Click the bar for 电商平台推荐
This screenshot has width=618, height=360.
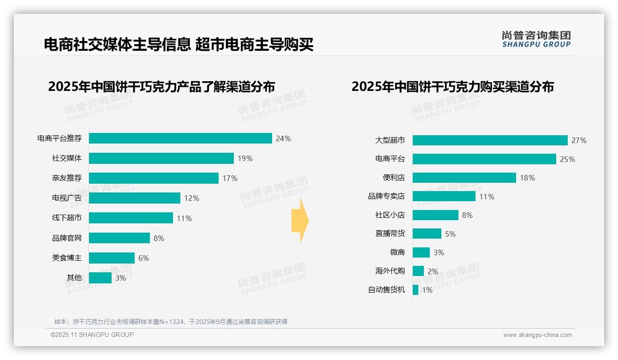pyautogui.click(x=180, y=138)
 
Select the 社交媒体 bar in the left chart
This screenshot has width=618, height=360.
pyautogui.click(x=161, y=158)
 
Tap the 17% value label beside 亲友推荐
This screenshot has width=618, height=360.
pyautogui.click(x=230, y=178)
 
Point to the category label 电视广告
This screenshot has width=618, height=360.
pyautogui.click(x=67, y=198)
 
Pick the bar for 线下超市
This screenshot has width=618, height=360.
pyautogui.click(x=131, y=218)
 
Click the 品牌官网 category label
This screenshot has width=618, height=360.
pyautogui.click(x=67, y=238)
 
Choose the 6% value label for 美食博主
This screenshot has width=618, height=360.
pyautogui.click(x=143, y=258)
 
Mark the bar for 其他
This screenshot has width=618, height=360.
pyautogui.click(x=100, y=278)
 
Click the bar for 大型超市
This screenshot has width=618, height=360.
pyautogui.click(x=490, y=140)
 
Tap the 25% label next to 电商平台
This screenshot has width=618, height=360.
pyautogui.click(x=567, y=159)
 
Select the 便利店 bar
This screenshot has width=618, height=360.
pyautogui.click(x=464, y=178)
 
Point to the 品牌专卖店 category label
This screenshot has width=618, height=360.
pyautogui.click(x=386, y=197)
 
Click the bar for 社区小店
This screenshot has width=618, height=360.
pyautogui.click(x=435, y=215)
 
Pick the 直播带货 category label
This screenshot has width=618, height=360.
pyautogui.click(x=390, y=234)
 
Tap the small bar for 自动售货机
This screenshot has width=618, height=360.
pyautogui.click(x=416, y=290)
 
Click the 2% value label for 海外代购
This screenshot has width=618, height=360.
pyautogui.click(x=433, y=271)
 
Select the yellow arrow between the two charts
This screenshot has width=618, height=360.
pyautogui.click(x=300, y=221)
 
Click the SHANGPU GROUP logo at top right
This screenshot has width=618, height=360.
pyautogui.click(x=536, y=39)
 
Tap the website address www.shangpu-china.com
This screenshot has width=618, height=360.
pyautogui.click(x=537, y=335)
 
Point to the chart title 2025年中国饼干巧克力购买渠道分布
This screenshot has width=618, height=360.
pyautogui.click(x=452, y=87)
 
